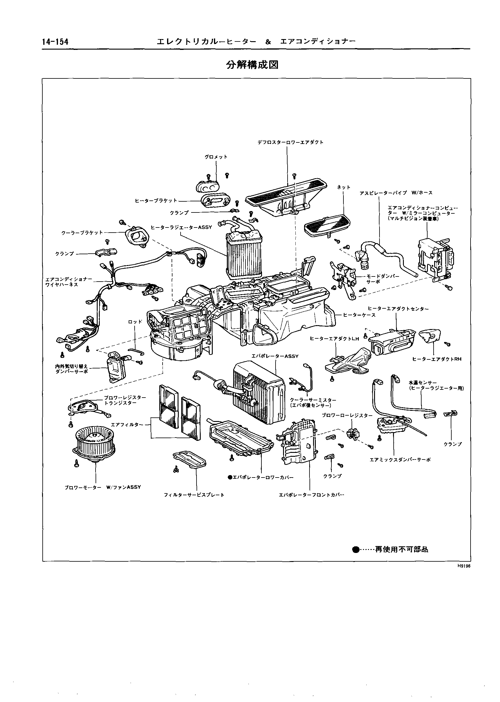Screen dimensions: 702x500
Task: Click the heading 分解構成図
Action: tap(252, 65)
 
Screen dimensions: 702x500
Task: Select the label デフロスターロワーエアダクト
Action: tap(290, 142)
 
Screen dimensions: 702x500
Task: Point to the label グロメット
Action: tap(216, 157)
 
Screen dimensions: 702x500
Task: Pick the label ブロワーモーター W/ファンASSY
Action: tap(102, 487)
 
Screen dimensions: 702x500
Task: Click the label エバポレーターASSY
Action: tap(275, 356)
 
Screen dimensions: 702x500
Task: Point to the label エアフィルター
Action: tap(127, 424)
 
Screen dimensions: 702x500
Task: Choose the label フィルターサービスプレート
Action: tap(194, 495)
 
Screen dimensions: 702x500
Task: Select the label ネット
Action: tap(343, 187)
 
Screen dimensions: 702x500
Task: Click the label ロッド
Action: tap(135, 322)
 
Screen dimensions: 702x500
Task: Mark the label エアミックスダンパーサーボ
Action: tap(400, 460)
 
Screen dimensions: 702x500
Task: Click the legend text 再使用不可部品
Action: tap(401, 549)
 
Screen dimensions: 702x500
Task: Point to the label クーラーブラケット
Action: tap(82, 233)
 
